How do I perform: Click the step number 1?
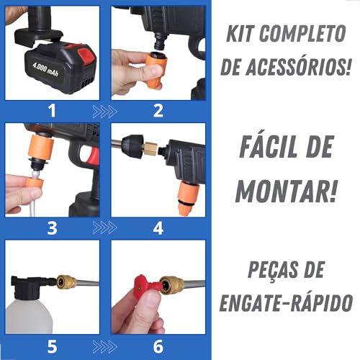50,110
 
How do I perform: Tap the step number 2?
158,110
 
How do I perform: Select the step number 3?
50,228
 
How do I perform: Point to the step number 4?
158,228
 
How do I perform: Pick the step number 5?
50,346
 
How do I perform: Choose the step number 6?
158,346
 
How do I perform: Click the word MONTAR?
286,190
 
